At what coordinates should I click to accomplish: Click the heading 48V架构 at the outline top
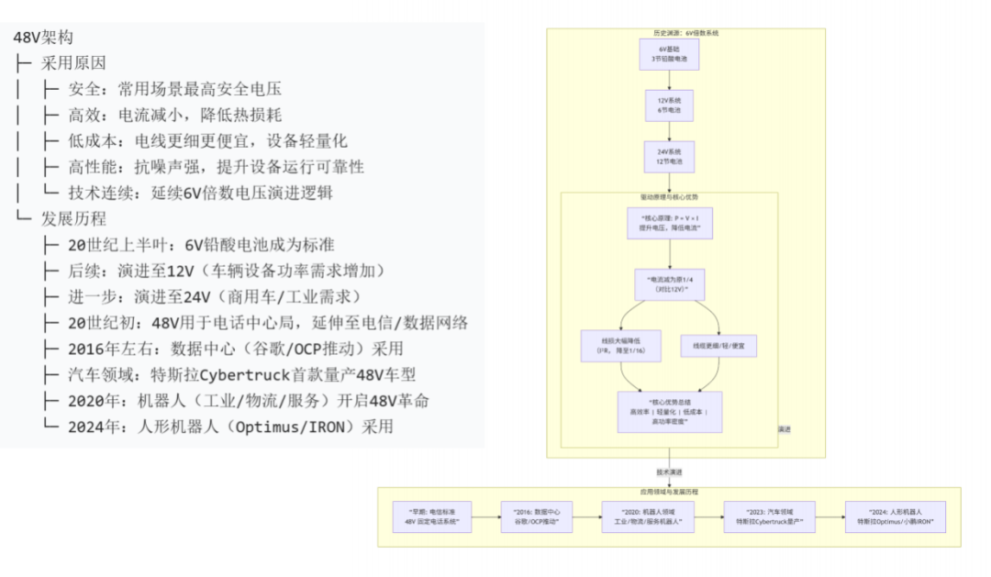pyautogui.click(x=43, y=39)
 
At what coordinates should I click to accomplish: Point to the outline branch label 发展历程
pyautogui.click(x=73, y=218)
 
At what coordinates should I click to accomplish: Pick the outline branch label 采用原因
pyautogui.click(x=73, y=64)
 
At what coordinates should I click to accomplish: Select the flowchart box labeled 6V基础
pyautogui.click(x=668, y=53)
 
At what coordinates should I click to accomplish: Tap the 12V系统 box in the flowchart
pyautogui.click(x=668, y=105)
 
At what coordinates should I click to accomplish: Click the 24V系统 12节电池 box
pyautogui.click(x=668, y=156)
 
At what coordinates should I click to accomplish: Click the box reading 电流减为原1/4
pyautogui.click(x=669, y=283)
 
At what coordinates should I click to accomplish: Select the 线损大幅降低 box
pyautogui.click(x=607, y=346)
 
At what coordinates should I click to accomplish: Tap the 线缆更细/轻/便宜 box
pyautogui.click(x=718, y=346)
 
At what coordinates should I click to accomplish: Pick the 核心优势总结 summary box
pyautogui.click(x=669, y=412)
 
